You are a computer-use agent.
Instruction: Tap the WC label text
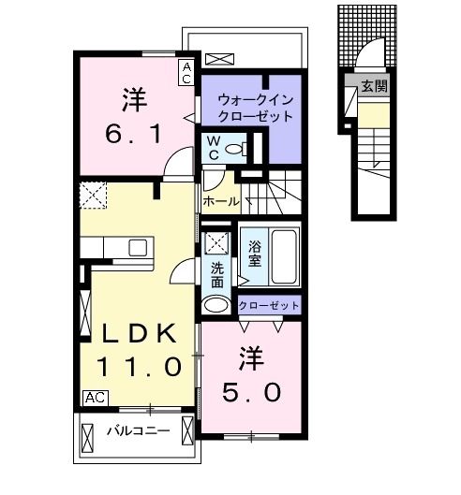(x=214, y=148)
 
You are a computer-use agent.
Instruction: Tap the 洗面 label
(x=217, y=273)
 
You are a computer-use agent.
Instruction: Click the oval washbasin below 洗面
(x=216, y=304)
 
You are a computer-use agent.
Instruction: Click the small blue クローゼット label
(x=269, y=305)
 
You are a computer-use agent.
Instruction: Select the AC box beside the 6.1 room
(x=187, y=69)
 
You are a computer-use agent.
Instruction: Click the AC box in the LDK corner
(x=95, y=397)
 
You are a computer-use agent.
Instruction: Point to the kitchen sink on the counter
(x=138, y=248)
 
